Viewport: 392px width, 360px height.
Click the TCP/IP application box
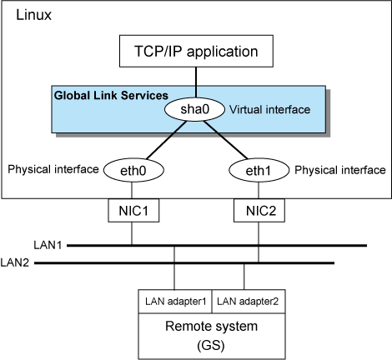tap(196, 51)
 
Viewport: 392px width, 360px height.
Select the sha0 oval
tap(194, 109)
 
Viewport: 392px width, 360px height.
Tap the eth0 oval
tap(133, 170)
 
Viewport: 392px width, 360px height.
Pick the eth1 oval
tap(259, 170)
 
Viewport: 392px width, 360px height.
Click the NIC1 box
tap(133, 210)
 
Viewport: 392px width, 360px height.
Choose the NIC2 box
tap(259, 210)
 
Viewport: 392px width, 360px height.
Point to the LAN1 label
tap(48, 245)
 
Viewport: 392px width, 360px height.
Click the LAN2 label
tap(15, 262)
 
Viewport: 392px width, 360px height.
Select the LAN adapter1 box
tap(175, 302)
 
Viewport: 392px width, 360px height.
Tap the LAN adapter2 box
tap(249, 302)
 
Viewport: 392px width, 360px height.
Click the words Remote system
tap(211, 326)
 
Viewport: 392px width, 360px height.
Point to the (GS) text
tap(211, 346)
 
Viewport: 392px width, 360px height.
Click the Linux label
tap(33, 15)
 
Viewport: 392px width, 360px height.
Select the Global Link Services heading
tap(111, 96)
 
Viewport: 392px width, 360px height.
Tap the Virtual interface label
tap(269, 110)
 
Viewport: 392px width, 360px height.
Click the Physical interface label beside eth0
tap(53, 169)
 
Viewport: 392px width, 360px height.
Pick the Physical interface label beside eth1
tap(340, 170)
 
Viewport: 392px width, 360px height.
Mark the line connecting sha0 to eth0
tap(166, 140)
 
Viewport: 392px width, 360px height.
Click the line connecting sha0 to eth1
tap(225, 140)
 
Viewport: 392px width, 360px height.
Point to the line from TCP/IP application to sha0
tap(196, 82)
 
